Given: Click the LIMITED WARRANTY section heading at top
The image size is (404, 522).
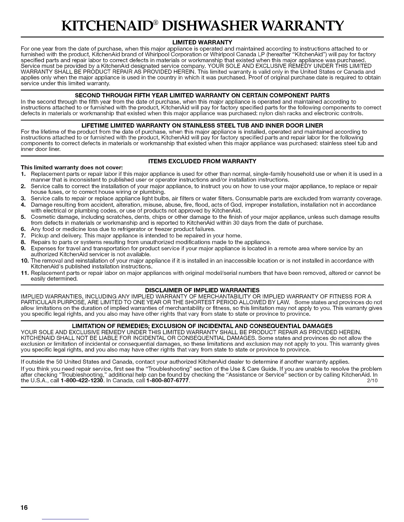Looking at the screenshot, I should (x=202, y=43).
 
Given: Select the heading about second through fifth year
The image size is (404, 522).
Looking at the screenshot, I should (x=202, y=96).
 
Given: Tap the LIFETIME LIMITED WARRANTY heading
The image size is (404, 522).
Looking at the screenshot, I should (x=202, y=126).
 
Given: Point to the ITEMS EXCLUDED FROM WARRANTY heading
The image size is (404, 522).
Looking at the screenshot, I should (x=202, y=161).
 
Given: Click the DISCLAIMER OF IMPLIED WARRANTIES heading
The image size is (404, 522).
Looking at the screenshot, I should (x=202, y=290).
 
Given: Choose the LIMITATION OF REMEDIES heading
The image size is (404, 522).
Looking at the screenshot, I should (x=202, y=326).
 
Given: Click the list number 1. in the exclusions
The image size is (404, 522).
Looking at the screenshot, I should (x=23, y=174).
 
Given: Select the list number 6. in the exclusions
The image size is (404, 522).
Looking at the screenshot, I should (x=23, y=229).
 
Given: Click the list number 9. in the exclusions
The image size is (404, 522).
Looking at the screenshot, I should (x=23, y=248).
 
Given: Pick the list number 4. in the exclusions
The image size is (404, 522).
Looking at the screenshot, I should (x=23, y=205).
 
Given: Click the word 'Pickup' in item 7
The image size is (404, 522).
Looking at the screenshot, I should (x=39, y=236).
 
